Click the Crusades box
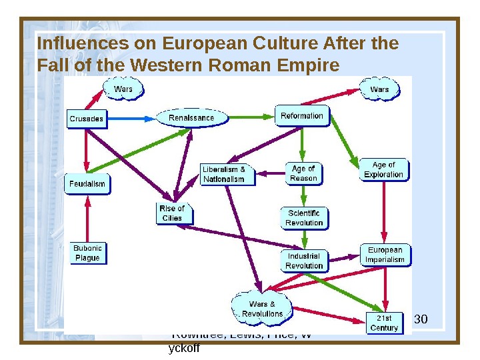pos(87,119)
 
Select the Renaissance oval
pos(191,118)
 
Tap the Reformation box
pos(301,116)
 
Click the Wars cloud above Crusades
pos(123,89)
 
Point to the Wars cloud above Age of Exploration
pos(379,89)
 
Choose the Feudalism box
pos(87,183)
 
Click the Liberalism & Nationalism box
pos(227,174)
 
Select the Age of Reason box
pos(303,173)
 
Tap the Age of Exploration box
pos(383,170)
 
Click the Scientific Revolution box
pos(304,218)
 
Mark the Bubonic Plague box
pos(87,253)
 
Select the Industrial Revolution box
pos(304,261)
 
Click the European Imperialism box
pos(385,255)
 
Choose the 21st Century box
pos(384,323)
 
